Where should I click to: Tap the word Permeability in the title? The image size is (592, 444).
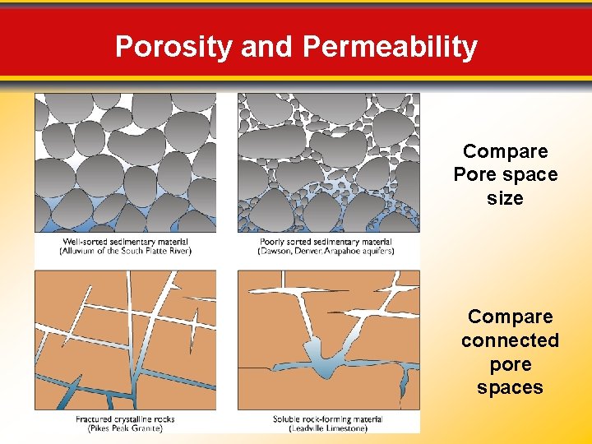[x=390, y=46]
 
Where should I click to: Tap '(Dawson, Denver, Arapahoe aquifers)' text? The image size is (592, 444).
[x=326, y=252]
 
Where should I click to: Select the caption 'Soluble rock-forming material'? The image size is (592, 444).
[x=326, y=419]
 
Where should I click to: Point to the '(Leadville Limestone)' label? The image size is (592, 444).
[x=326, y=428]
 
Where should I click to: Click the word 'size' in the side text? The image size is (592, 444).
[x=505, y=198]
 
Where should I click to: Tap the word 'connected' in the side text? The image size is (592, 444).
[x=510, y=340]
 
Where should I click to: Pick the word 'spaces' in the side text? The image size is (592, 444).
[x=510, y=387]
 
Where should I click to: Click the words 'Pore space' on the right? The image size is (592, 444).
[x=505, y=174]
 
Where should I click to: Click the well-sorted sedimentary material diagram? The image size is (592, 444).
[x=125, y=163]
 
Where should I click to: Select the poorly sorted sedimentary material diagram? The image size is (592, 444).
[x=328, y=163]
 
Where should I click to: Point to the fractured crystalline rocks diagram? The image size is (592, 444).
[x=125, y=340]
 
